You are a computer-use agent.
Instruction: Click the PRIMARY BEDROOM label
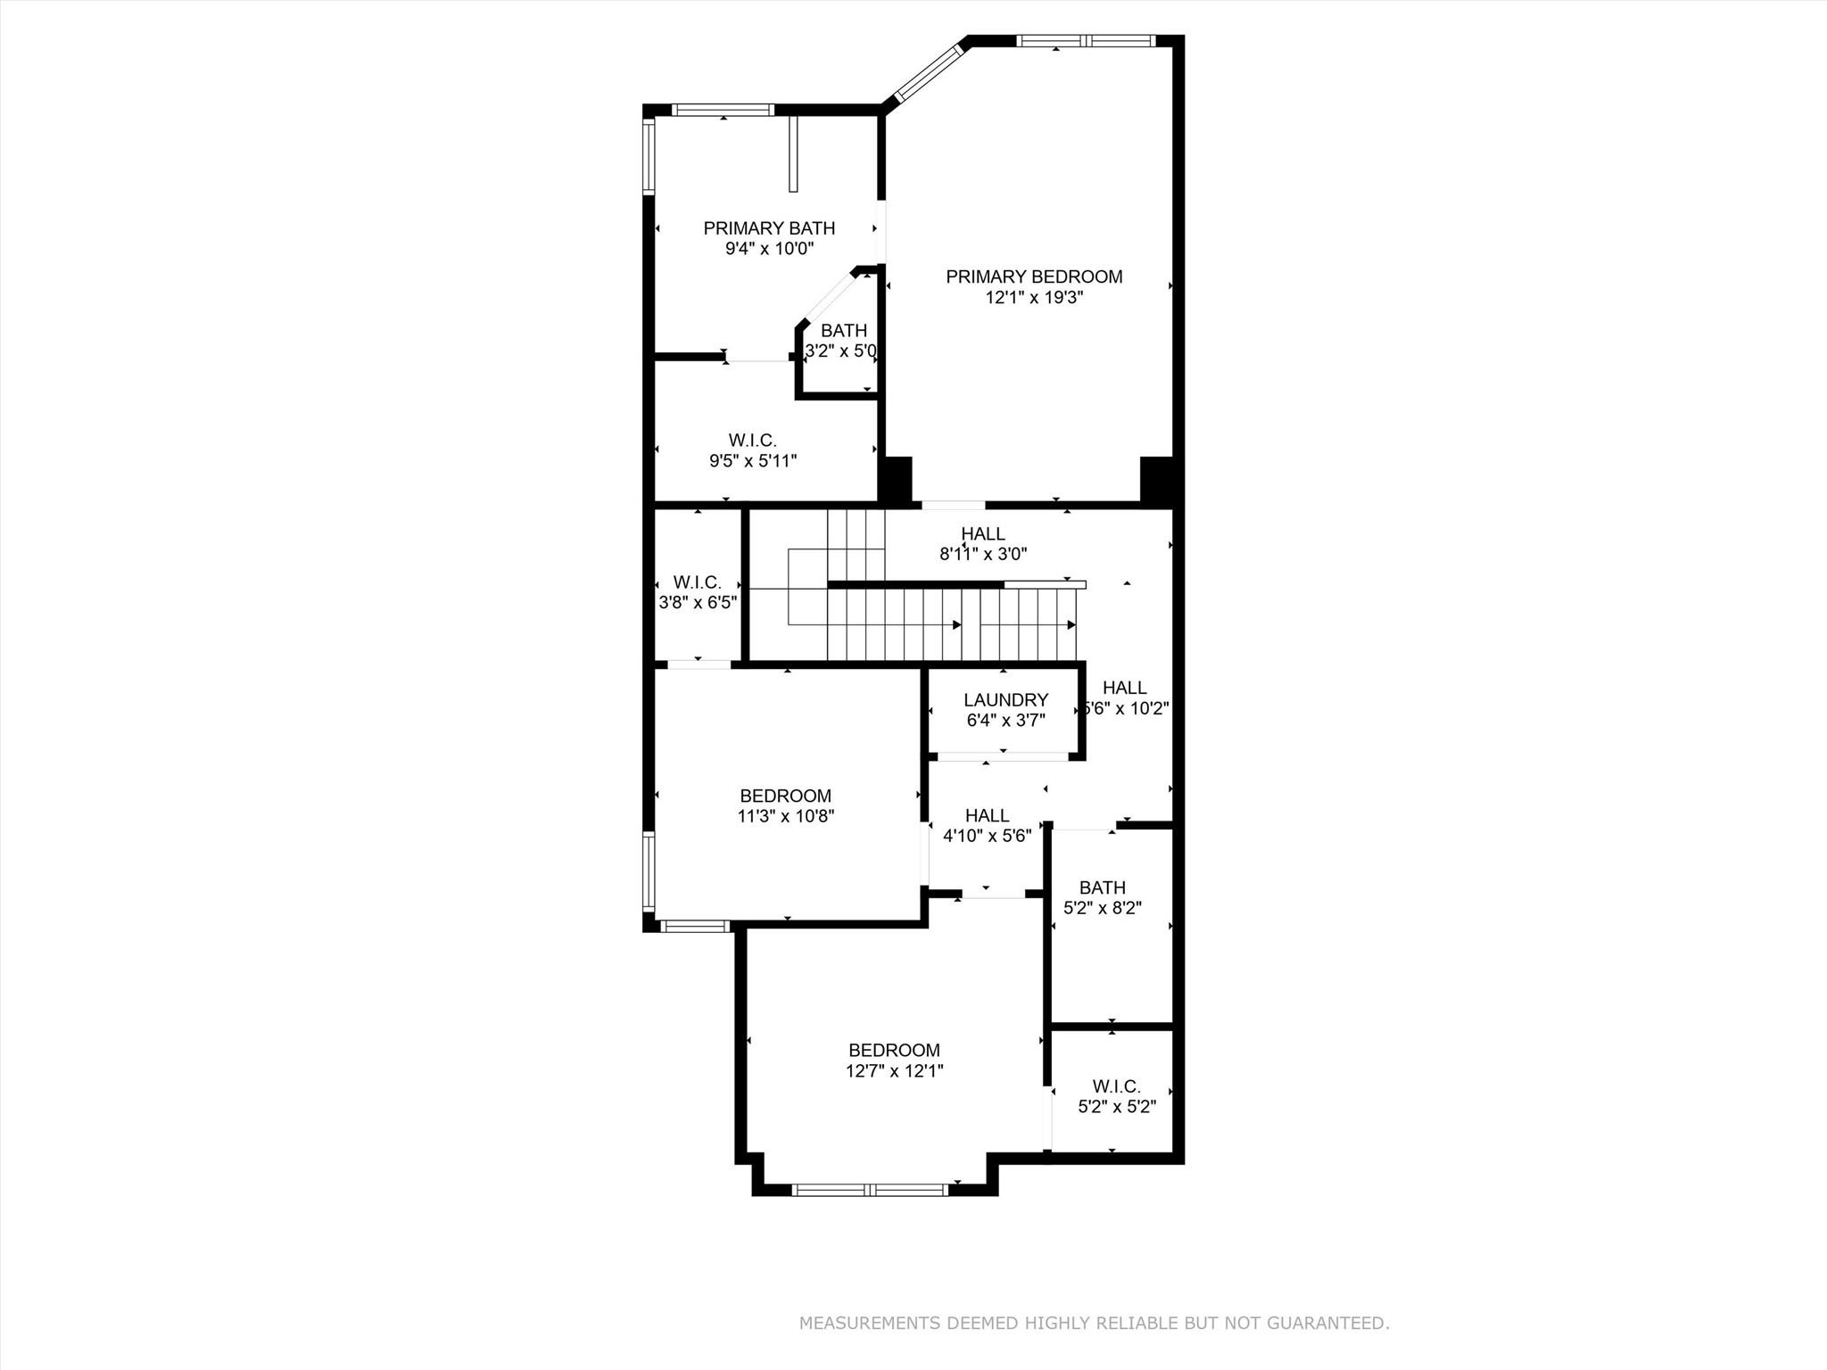[x=1034, y=276]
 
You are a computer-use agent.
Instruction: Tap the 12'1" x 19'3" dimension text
[x=1034, y=298]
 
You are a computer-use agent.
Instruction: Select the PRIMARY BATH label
[x=769, y=228]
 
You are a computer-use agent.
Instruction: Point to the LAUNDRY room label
[x=1005, y=700]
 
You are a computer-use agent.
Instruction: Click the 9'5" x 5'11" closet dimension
[x=753, y=461]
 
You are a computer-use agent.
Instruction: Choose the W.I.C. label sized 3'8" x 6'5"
[x=698, y=582]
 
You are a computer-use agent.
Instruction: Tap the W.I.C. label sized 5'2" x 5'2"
[x=1117, y=1086]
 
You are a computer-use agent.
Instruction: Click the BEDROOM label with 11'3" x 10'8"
[x=785, y=796]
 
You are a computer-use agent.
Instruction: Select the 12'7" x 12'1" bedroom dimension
[x=894, y=1071]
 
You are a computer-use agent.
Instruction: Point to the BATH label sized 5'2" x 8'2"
[x=1103, y=887]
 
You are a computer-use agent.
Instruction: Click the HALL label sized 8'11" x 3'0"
[x=983, y=533]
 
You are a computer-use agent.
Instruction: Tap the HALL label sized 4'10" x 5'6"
[x=988, y=815]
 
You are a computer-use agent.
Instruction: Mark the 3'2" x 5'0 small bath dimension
[x=840, y=351]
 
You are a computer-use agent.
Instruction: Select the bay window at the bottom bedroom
[x=870, y=1189]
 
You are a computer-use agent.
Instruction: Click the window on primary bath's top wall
[x=722, y=110]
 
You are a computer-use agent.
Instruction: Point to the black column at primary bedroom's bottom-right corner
[x=1156, y=480]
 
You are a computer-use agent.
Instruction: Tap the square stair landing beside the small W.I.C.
[x=807, y=587]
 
